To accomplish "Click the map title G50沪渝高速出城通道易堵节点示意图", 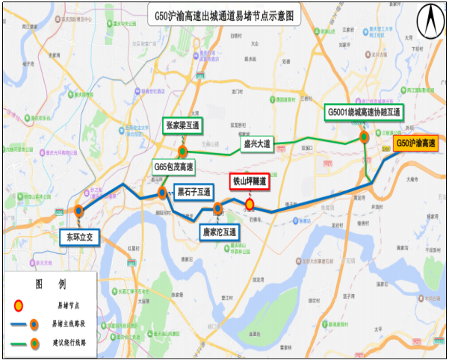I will click(x=225, y=14).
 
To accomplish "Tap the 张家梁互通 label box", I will click(x=184, y=126).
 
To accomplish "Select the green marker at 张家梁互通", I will click(x=183, y=152).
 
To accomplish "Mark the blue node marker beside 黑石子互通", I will click(x=161, y=194).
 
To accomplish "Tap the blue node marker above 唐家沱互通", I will click(x=217, y=208).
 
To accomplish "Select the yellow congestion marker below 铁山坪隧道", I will click(x=250, y=204).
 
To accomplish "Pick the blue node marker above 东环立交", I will click(x=79, y=211).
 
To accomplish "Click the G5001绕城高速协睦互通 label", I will click(x=364, y=112).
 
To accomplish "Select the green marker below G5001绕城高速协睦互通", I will click(x=365, y=137).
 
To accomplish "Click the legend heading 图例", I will click(x=50, y=285).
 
